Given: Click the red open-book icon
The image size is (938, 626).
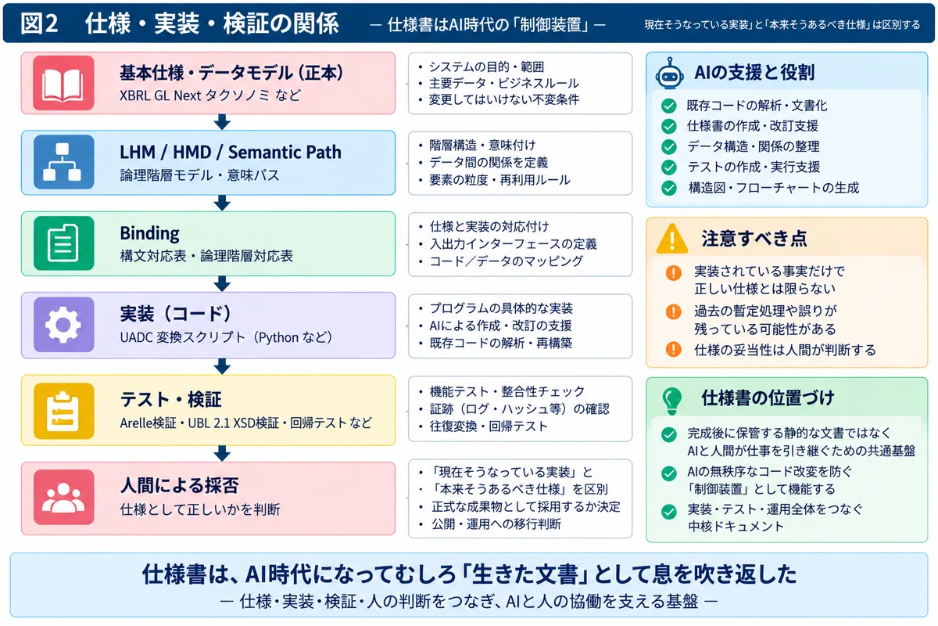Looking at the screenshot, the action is click(x=63, y=83).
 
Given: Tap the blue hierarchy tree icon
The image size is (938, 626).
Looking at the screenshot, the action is click(x=63, y=162).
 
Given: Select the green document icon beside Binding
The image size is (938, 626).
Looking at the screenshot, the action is click(x=63, y=243).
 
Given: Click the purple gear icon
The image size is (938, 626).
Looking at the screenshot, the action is click(x=63, y=325).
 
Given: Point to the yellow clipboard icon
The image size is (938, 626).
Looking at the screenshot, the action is click(x=63, y=411).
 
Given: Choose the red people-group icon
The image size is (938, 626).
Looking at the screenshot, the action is click(x=63, y=497).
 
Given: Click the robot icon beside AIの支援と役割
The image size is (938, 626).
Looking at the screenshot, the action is click(x=670, y=73).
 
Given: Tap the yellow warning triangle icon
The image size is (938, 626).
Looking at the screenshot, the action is click(x=672, y=239).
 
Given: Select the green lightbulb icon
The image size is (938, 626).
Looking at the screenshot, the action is click(x=671, y=401).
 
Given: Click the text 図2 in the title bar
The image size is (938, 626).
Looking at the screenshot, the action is click(x=39, y=23).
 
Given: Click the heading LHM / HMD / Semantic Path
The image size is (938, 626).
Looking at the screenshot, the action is click(x=231, y=153).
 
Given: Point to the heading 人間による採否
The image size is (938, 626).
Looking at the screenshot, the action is click(x=179, y=485).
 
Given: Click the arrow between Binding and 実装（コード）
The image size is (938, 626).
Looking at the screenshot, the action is click(x=222, y=284).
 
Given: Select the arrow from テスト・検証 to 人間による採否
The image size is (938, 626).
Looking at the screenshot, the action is click(x=222, y=454).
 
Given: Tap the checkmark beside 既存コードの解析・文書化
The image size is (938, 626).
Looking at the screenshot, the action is click(x=669, y=106).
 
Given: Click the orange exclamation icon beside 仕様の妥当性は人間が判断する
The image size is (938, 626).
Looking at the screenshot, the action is click(x=673, y=349).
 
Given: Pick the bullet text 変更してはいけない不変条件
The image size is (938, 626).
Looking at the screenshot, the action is click(x=504, y=99).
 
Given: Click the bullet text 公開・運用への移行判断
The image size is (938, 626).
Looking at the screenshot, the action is click(x=496, y=523).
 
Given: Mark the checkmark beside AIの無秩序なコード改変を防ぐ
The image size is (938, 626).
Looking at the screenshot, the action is click(x=669, y=473).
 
